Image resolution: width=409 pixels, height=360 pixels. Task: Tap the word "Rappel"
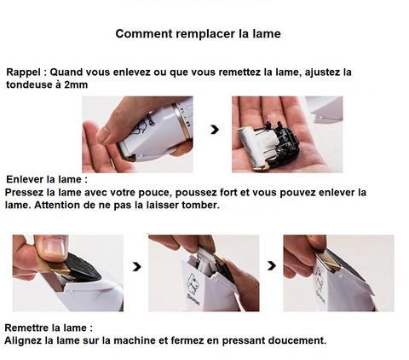[23, 73]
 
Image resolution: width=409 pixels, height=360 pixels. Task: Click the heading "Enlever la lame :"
[47, 179]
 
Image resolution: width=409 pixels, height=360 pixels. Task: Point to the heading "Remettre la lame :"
[49, 328]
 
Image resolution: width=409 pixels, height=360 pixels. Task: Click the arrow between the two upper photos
[215, 130]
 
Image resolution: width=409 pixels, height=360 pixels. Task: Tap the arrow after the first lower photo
[137, 267]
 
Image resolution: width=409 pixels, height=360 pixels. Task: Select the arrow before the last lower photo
[272, 266]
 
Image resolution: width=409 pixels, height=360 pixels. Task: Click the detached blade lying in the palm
[269, 145]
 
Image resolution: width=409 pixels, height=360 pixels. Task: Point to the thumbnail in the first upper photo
[105, 135]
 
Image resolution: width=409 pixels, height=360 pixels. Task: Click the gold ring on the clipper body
[181, 122]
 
